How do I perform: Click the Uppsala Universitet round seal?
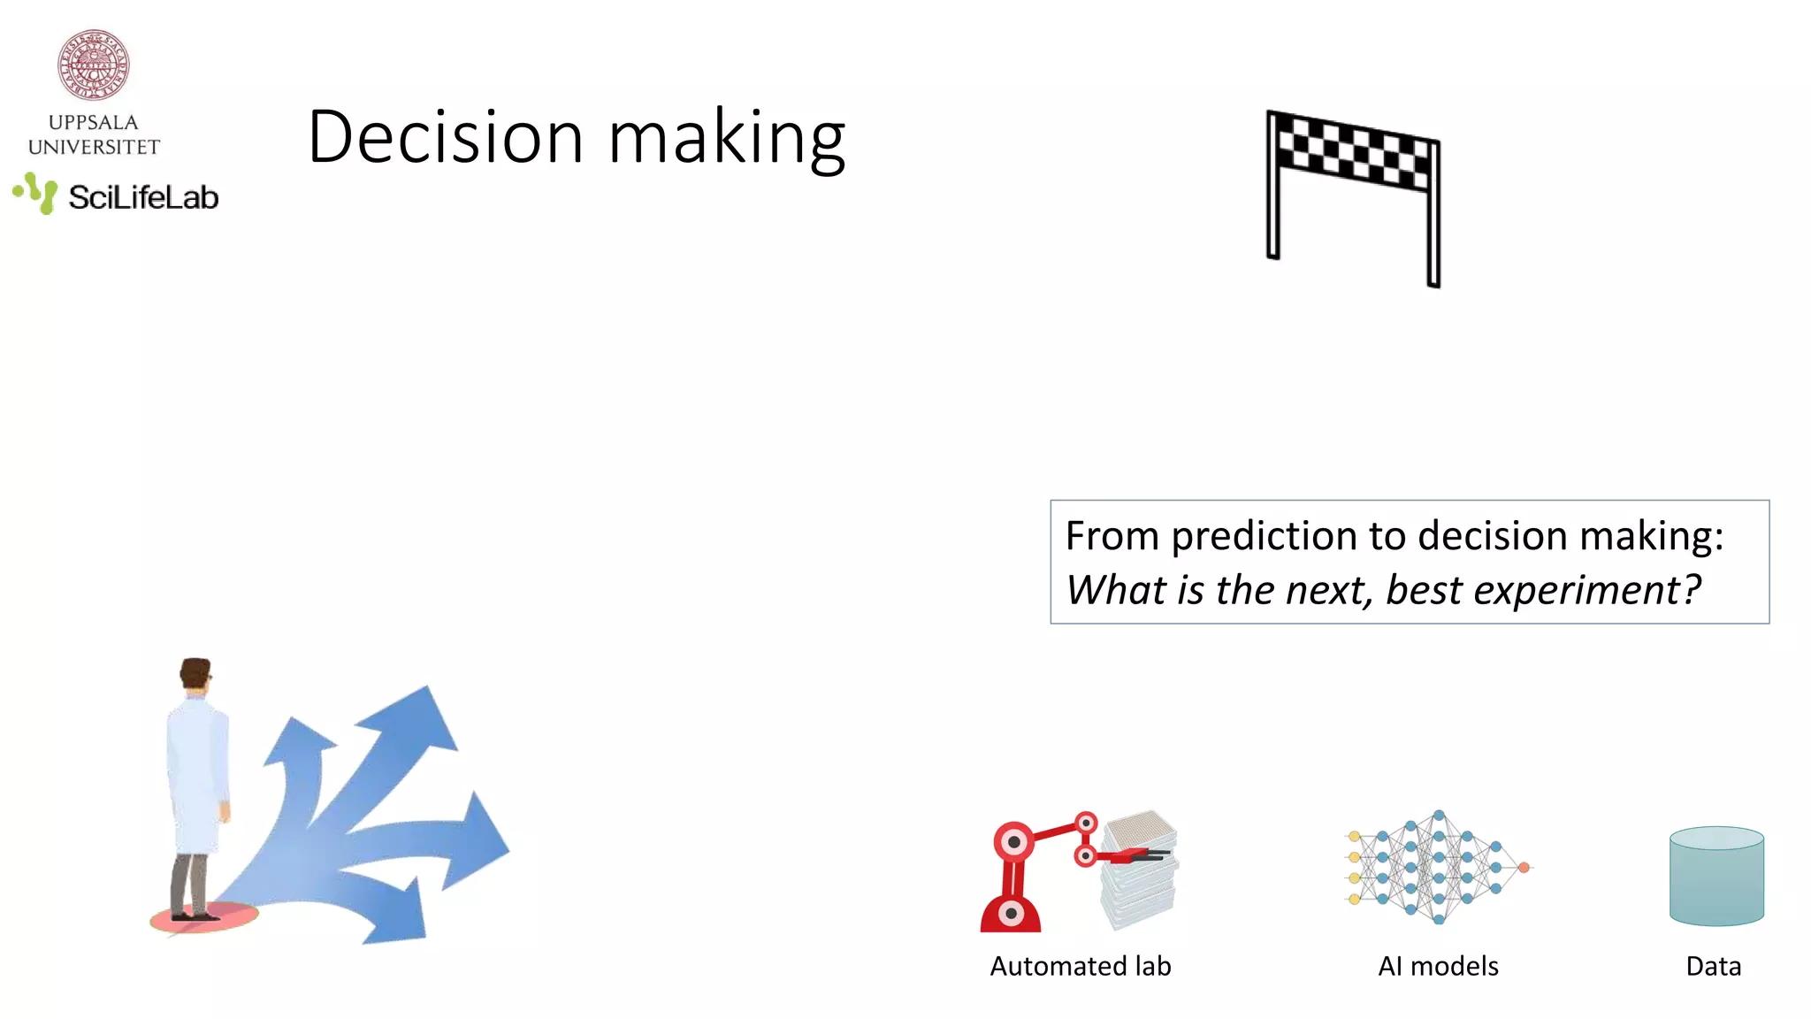point(94,65)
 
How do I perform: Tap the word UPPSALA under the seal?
point(94,122)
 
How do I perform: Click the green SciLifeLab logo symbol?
point(36,193)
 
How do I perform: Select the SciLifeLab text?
point(143,197)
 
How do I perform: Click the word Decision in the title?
point(445,137)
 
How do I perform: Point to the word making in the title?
point(727,139)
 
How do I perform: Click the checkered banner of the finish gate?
point(1353,150)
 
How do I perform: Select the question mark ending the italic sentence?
point(1691,590)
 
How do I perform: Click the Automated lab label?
point(1080,966)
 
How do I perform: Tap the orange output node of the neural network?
point(1524,868)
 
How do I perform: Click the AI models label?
point(1438,966)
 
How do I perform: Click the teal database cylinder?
point(1716,876)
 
